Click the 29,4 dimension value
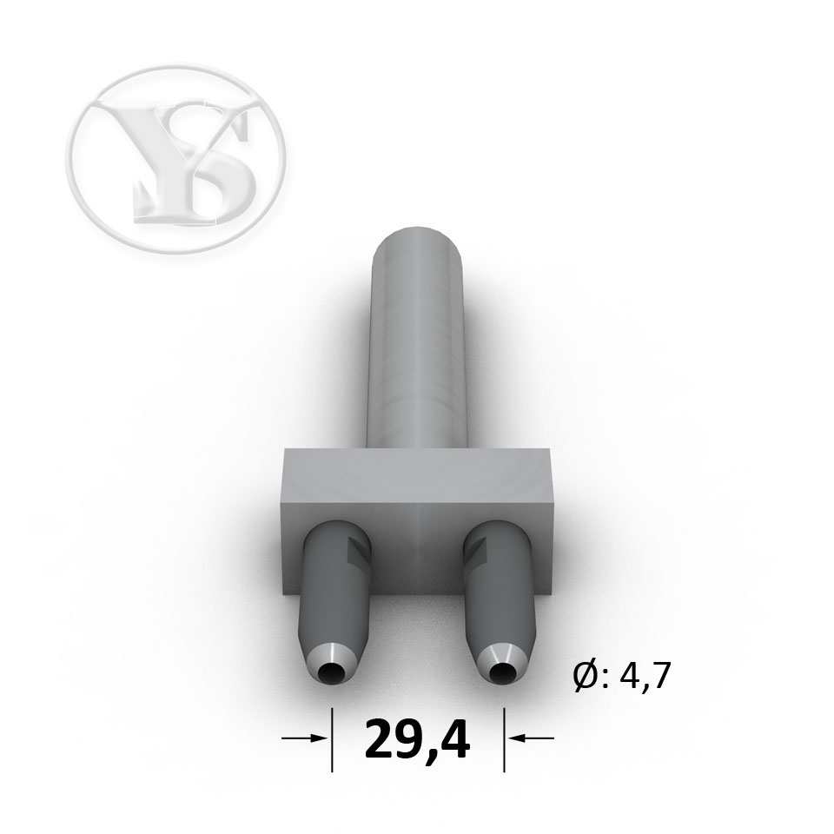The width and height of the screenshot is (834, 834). (x=417, y=740)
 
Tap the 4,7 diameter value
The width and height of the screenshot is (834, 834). (x=640, y=677)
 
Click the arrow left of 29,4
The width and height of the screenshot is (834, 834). (x=304, y=738)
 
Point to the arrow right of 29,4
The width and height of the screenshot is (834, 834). (x=531, y=738)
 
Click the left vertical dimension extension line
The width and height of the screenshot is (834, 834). (x=333, y=739)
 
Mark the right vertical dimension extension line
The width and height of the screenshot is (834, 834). (x=504, y=739)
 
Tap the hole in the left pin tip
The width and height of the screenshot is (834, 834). (x=331, y=674)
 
